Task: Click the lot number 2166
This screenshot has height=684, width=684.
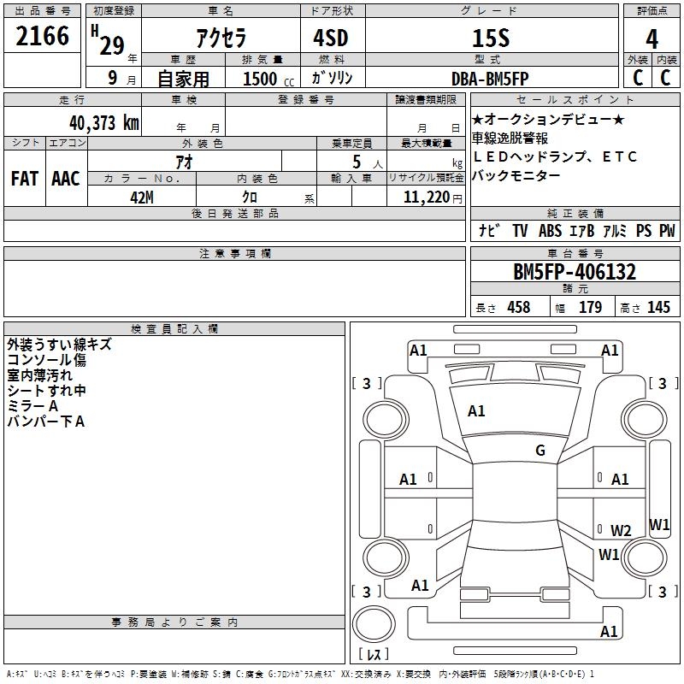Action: coord(43,36)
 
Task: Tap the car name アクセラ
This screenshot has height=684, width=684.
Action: coord(221,38)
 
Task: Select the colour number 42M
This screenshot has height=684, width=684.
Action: coord(142,197)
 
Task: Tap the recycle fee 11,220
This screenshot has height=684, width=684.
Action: coord(427,198)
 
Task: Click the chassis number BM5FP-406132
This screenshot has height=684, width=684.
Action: coord(575,272)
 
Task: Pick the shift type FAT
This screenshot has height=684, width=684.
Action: coord(24,178)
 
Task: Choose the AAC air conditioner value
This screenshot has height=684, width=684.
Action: coord(66,178)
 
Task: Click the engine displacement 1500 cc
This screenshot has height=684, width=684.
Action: coord(266,80)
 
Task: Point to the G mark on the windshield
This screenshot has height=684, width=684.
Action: coord(540,451)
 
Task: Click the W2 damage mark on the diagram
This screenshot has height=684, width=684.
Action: coord(621,530)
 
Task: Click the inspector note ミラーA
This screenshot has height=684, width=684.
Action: coord(32,406)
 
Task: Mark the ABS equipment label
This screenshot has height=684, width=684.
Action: coord(551,231)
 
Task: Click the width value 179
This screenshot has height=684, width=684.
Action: coord(590,308)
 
